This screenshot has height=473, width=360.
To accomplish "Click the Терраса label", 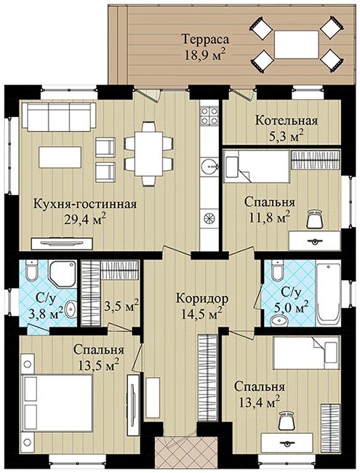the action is pyautogui.click(x=205, y=39).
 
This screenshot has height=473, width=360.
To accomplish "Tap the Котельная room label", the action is pyautogui.click(x=287, y=120).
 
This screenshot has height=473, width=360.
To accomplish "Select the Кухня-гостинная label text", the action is pyautogui.click(x=85, y=204).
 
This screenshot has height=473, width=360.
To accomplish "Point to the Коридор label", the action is pyautogui.click(x=202, y=299).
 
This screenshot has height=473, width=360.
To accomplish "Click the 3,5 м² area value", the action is pyautogui.click(x=121, y=306).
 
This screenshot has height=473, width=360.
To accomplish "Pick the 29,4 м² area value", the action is pyautogui.click(x=85, y=219).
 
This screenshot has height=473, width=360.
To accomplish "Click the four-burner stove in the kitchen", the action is pyautogui.click(x=209, y=116).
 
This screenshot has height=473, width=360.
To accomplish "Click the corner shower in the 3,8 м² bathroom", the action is pyautogui.click(x=63, y=274).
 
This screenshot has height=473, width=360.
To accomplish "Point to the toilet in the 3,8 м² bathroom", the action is pyautogui.click(x=31, y=270).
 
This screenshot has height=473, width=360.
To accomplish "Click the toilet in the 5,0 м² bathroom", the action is pyautogui.click(x=277, y=270).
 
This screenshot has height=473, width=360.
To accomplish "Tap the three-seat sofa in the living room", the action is pyautogui.click(x=62, y=117).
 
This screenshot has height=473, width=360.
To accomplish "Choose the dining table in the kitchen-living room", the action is pyautogui.click(x=149, y=154).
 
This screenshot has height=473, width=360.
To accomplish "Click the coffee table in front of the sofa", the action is pyautogui.click(x=60, y=156).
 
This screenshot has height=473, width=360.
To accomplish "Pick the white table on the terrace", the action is pyautogui.click(x=296, y=45).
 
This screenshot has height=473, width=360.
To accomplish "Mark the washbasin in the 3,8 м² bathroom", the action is pyautogui.click(x=71, y=310).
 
